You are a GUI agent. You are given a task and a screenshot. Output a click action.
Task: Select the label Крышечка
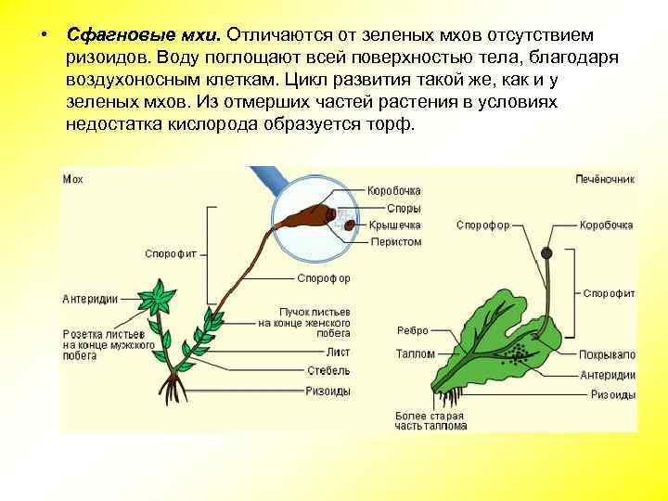pyautogui.click(x=394, y=225)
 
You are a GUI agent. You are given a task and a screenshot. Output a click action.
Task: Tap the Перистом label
pyautogui.click(x=396, y=242)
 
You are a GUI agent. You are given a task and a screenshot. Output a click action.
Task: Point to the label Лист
pyautogui.click(x=339, y=352)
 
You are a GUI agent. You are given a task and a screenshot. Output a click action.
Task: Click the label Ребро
pyautogui.click(x=412, y=330)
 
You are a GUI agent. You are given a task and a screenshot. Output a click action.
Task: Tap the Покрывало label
pyautogui.click(x=608, y=354)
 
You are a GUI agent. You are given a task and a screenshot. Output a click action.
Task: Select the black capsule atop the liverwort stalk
pyautogui.click(x=548, y=252)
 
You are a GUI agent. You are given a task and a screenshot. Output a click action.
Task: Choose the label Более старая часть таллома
pyautogui.click(x=430, y=421)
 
